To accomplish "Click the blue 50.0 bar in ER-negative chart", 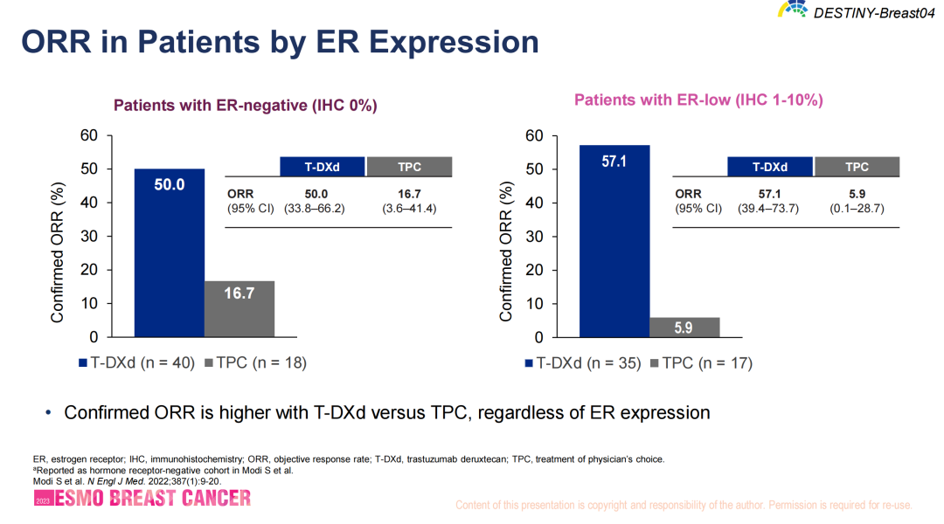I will [169, 252].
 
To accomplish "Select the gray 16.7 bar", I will [239, 308].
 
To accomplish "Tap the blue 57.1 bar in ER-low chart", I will [614, 240].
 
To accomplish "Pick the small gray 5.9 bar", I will [684, 327].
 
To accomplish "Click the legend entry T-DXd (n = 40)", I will [136, 362].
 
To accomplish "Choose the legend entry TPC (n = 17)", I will [701, 362].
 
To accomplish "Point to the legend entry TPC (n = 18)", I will [255, 362].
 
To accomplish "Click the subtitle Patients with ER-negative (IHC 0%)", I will [246, 106].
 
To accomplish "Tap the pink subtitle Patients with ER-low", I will [698, 100].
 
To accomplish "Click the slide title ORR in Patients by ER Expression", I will [280, 42].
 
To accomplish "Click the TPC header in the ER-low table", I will [857, 167].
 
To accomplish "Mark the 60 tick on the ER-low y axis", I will [535, 136].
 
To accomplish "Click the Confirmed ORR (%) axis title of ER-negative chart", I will [58, 252].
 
